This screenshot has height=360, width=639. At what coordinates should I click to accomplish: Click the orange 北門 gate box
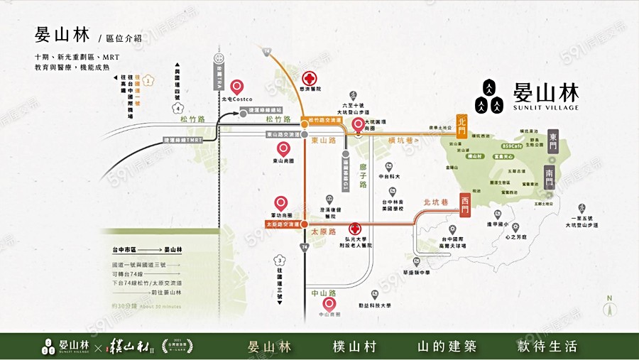coord(462,126)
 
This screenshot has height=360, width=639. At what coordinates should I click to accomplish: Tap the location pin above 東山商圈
coord(283,149)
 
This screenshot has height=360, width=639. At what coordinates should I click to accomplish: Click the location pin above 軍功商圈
coord(281,203)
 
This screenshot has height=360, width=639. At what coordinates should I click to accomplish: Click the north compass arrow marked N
coord(608,307)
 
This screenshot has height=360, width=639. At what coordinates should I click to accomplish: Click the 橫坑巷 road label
coord(400,141)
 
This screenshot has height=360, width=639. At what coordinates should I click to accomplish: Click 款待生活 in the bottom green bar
coord(547,347)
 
